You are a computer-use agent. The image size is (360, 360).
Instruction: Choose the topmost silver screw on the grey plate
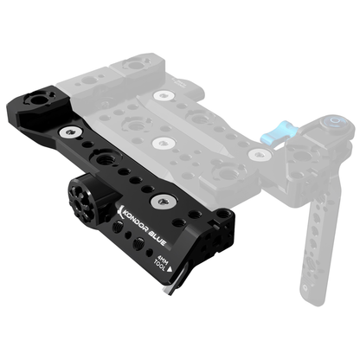click(161, 93)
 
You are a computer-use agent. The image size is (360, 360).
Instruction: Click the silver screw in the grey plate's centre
click(160, 140)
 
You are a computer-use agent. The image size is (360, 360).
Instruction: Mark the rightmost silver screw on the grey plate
click(257, 155)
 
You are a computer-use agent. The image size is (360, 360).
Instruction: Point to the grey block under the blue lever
click(299, 157)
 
